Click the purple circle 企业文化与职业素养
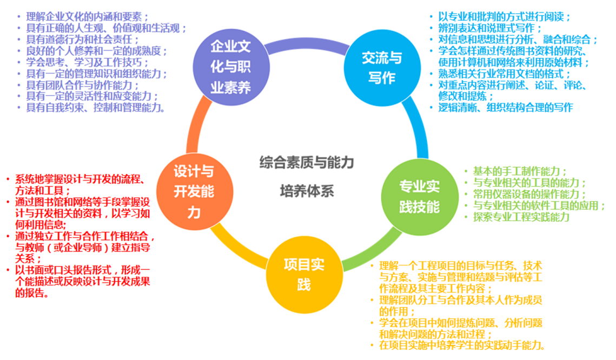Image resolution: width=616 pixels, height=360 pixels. tap(230, 67)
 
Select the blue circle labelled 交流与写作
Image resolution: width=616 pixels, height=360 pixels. tap(381, 67)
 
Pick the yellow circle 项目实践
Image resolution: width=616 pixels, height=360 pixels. tap(304, 273)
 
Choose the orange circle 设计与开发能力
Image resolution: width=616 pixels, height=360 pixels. tap(193, 191)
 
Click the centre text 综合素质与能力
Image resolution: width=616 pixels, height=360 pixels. tap(306, 162)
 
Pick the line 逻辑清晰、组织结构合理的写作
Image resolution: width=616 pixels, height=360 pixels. tap(505, 108)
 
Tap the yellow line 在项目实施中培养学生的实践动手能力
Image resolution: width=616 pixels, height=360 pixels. tap(462, 345)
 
